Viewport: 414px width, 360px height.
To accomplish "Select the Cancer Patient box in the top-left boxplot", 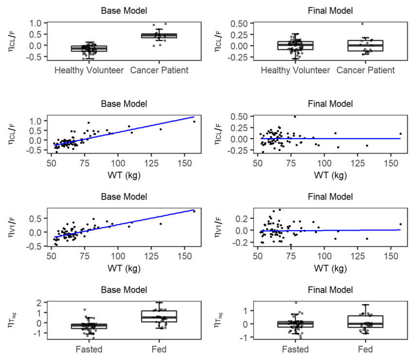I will [159, 36].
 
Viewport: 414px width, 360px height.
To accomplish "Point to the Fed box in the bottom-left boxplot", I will [159, 316].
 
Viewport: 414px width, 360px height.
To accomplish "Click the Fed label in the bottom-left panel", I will [159, 349].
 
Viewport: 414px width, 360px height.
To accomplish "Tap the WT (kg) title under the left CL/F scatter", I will [123, 173].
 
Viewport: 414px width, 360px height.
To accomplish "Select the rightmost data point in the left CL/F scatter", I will [194, 122].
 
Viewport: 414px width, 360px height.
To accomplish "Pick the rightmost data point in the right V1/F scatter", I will [401, 224].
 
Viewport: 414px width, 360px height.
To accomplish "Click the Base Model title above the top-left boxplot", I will [123, 9].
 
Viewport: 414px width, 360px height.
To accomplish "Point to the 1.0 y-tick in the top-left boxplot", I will [37, 23].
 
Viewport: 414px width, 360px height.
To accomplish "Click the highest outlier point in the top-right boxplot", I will [362, 23].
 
